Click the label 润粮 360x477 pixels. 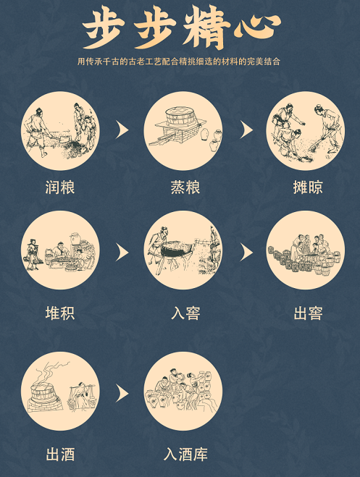[60, 188]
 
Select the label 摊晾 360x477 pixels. [307, 188]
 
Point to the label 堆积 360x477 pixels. [60, 313]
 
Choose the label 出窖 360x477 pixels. [307, 313]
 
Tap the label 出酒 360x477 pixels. [60, 455]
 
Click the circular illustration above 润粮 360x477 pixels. [60, 129]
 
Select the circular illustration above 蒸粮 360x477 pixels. [183, 130]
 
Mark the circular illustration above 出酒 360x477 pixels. [60, 392]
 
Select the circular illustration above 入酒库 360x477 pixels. [183, 392]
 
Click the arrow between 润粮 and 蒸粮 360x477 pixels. [122, 130]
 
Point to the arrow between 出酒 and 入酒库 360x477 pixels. [122, 393]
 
